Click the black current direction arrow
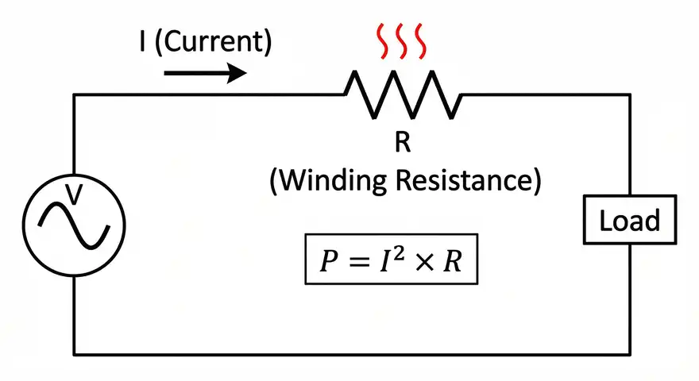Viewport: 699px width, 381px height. point(205,75)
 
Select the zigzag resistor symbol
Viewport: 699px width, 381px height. point(402,94)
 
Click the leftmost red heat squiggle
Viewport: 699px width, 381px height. point(383,44)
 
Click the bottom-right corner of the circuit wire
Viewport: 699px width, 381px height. point(631,354)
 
